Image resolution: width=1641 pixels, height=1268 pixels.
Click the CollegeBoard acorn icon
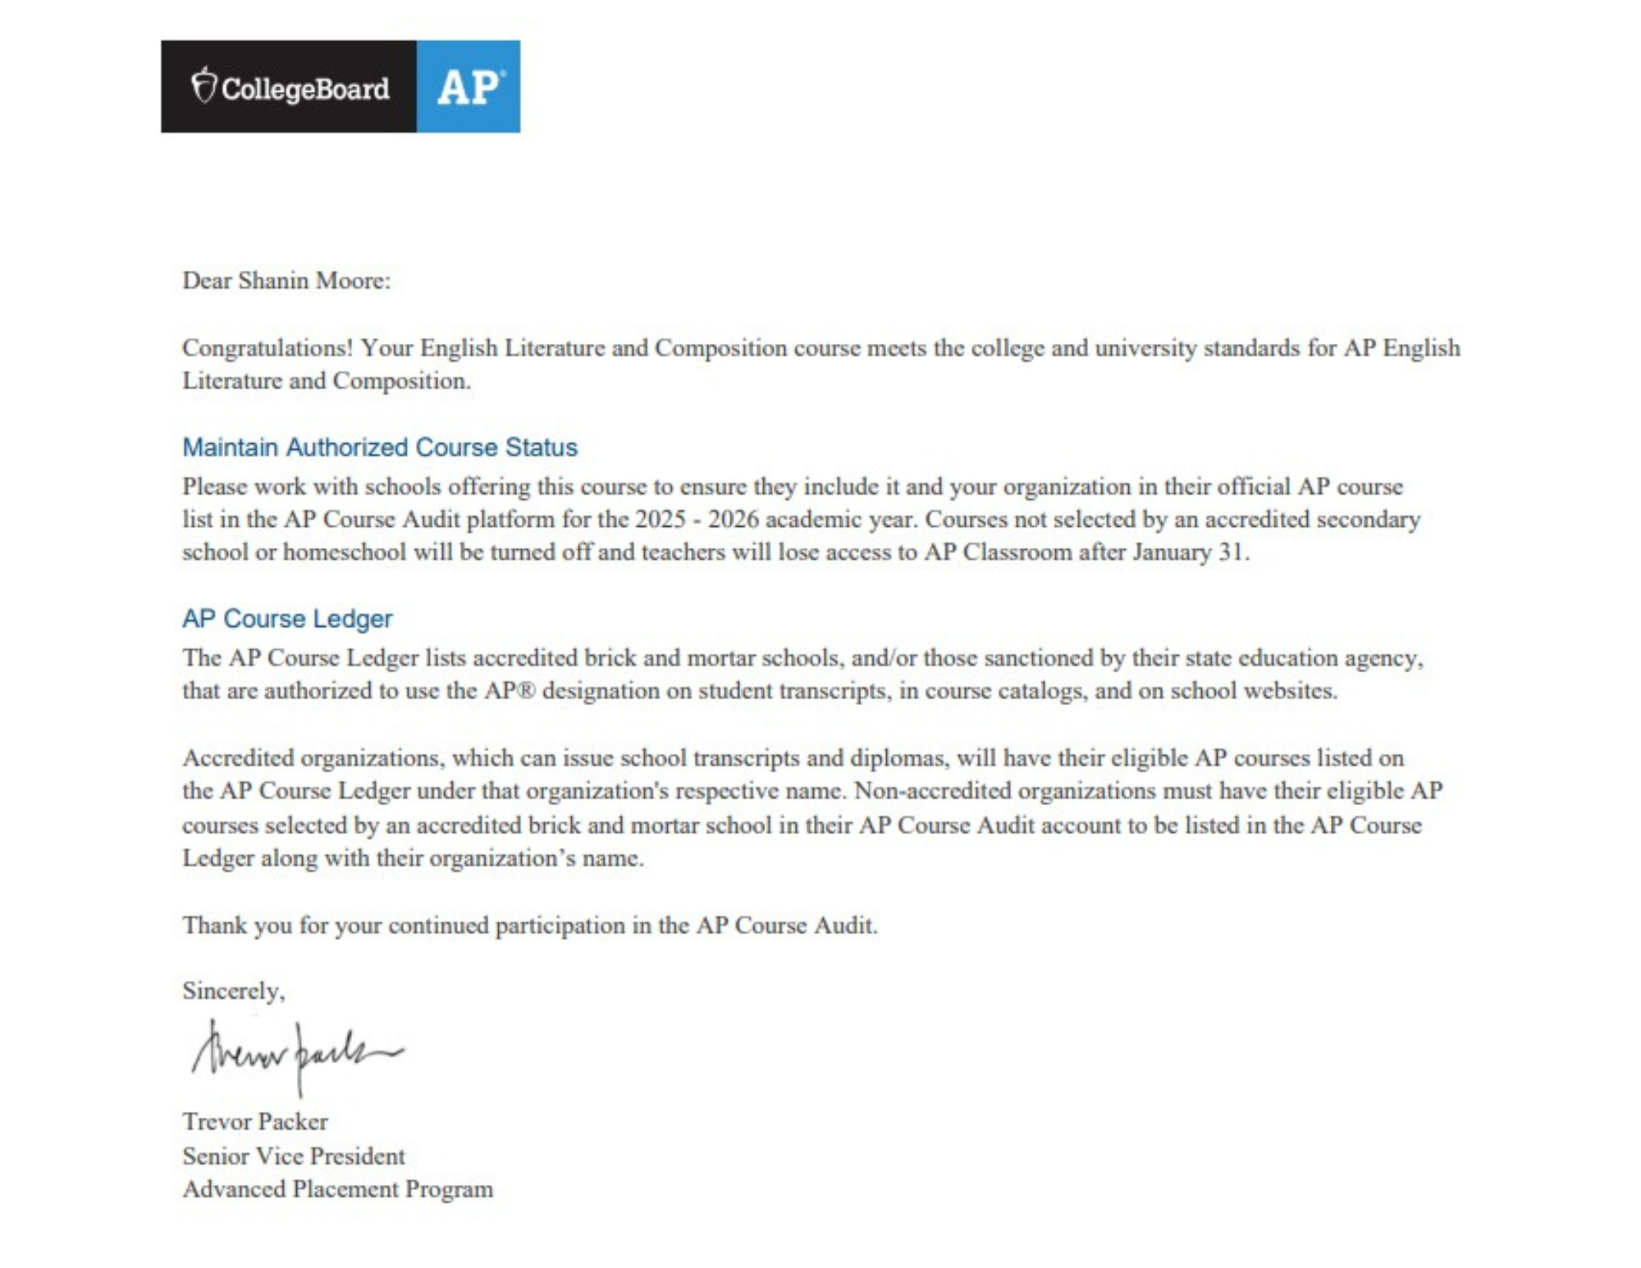pos(203,85)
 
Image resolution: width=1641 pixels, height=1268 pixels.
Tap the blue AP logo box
pos(468,86)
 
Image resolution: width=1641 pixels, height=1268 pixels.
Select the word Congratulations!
pos(267,348)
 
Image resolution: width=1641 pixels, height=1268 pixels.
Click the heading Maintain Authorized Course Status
pos(379,447)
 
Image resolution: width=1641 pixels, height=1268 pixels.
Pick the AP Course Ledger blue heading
pos(287,618)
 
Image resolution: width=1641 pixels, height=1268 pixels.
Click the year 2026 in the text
pos(733,520)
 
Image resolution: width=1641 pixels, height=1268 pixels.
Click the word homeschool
pos(344,552)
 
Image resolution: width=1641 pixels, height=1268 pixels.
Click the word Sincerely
pos(233,991)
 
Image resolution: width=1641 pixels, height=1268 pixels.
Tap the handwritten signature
pos(295,1055)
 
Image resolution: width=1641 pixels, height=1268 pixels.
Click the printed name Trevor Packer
pos(255,1122)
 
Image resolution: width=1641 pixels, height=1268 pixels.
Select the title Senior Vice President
pos(294,1156)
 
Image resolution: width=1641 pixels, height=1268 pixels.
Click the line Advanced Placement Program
pos(338,1189)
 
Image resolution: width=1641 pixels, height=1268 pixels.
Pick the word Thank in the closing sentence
pos(213,926)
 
